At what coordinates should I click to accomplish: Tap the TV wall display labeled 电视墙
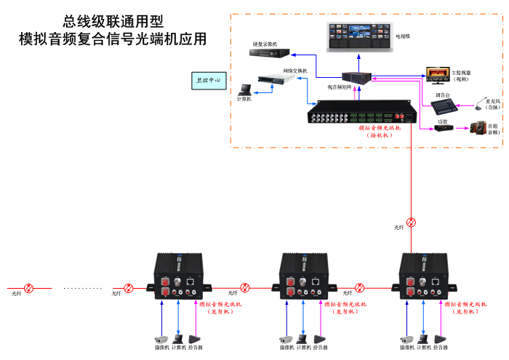[357, 36]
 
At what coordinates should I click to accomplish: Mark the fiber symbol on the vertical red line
[412, 223]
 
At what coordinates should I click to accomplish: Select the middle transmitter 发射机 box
[303, 277]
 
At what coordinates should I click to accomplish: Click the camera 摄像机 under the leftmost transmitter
[161, 339]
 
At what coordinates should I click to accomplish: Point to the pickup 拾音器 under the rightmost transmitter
[440, 339]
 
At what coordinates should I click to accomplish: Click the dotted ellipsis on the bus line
[82, 288]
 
